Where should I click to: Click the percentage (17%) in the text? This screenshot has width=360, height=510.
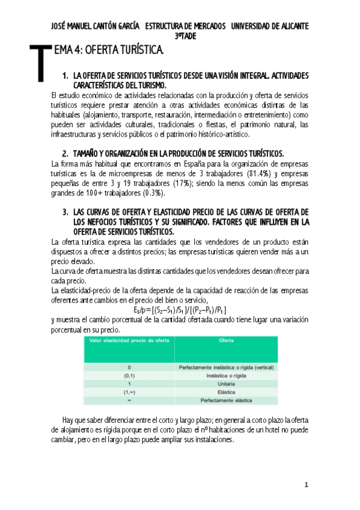pos(179,183)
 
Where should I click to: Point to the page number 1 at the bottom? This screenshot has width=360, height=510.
pos(306,485)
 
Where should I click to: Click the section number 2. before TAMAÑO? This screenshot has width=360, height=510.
pos(65,153)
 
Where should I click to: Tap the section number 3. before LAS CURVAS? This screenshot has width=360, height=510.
pos(65,212)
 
